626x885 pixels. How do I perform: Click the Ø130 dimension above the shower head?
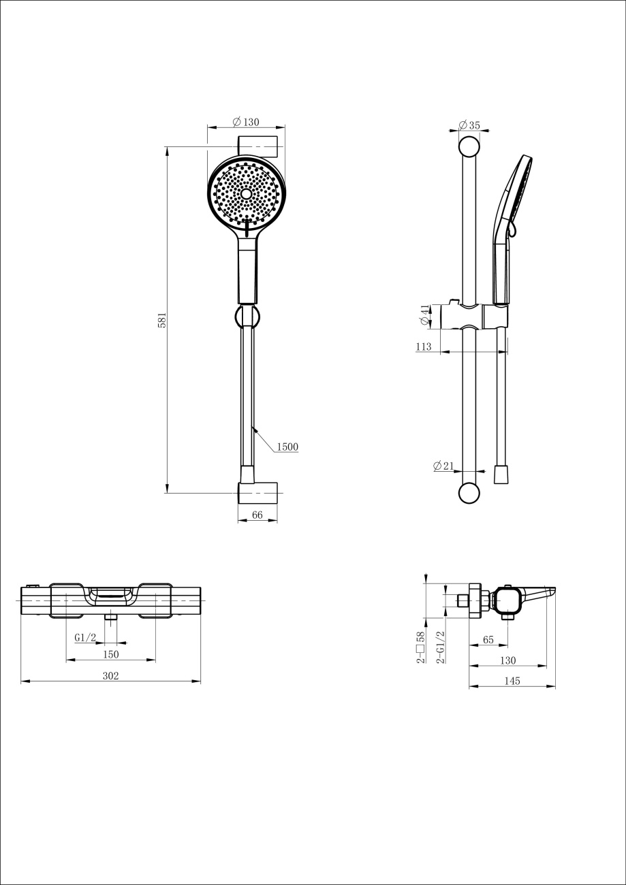click(x=246, y=122)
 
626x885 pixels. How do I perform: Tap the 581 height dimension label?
click(x=162, y=320)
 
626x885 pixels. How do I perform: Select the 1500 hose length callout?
click(x=287, y=447)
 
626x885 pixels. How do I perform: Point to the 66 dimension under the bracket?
click(x=257, y=515)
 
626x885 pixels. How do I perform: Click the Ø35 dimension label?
click(x=469, y=125)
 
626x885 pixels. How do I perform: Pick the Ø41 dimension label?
click(x=424, y=315)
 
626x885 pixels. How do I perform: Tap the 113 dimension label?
click(x=424, y=347)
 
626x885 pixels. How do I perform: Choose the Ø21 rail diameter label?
click(x=443, y=466)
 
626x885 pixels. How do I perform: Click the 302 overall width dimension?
click(x=110, y=676)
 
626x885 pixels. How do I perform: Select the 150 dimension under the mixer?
click(x=110, y=655)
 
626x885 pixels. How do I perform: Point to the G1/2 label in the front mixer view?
click(x=85, y=638)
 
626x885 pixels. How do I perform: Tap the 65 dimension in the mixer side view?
click(x=488, y=640)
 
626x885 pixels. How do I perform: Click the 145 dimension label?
click(x=512, y=681)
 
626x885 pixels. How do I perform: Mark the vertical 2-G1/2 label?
click(x=440, y=647)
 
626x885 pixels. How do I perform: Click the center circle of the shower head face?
click(x=246, y=193)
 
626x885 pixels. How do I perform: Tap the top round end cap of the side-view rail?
click(x=469, y=147)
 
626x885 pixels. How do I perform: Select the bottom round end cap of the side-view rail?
click(x=469, y=493)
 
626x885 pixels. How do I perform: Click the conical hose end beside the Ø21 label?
click(x=501, y=474)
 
